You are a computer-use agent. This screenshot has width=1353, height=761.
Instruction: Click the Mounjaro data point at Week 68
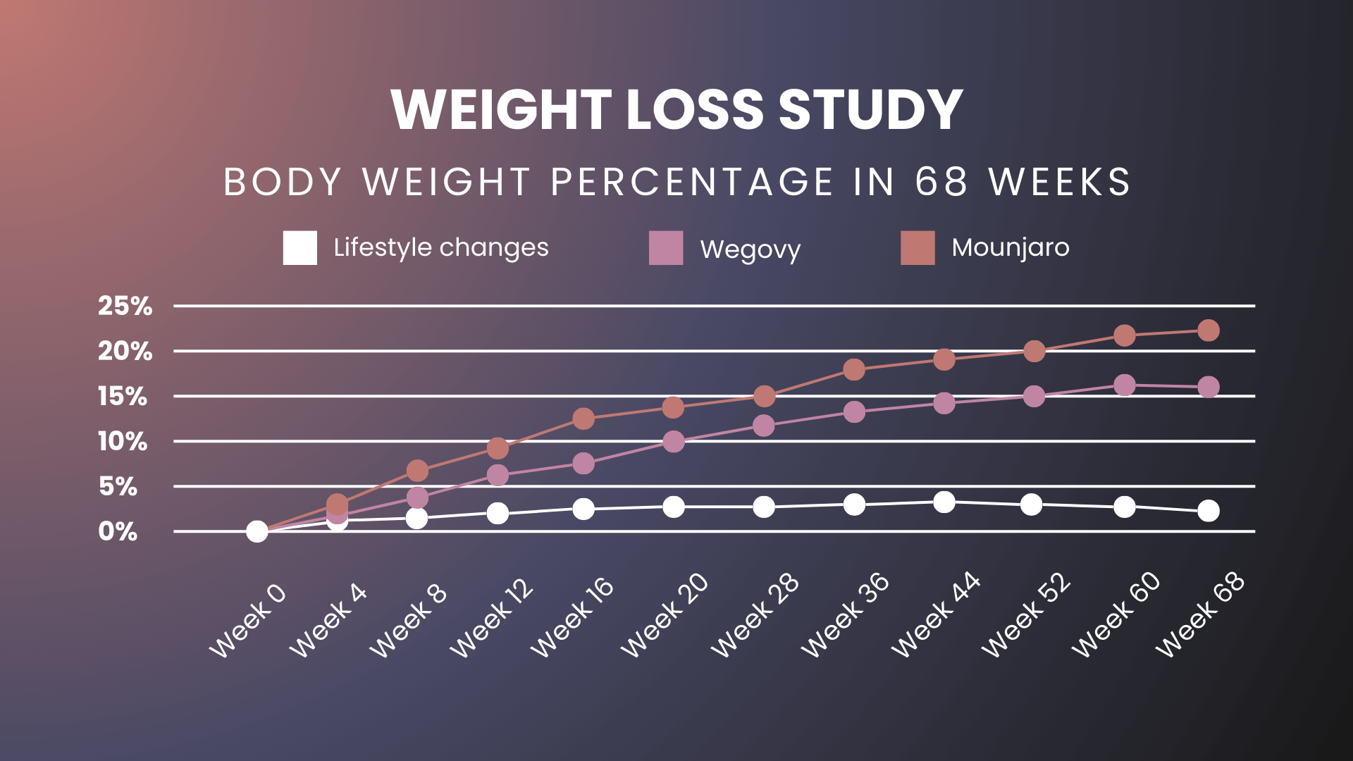(x=1208, y=330)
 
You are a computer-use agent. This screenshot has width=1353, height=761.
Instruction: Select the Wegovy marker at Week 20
(x=674, y=442)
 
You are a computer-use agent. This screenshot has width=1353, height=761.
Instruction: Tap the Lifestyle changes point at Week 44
(x=944, y=502)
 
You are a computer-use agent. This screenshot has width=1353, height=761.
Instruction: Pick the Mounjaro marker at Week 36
(x=854, y=369)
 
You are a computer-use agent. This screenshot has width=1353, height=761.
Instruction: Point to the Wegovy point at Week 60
(x=1125, y=385)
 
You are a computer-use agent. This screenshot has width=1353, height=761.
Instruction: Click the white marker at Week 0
(x=257, y=531)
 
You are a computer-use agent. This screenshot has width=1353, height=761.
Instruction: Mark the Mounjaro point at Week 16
(x=583, y=419)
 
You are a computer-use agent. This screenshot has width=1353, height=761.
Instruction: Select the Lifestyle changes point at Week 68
(x=1208, y=510)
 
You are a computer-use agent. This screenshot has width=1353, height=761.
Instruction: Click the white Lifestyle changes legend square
(x=299, y=248)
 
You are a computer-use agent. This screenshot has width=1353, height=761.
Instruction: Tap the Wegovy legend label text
(x=750, y=249)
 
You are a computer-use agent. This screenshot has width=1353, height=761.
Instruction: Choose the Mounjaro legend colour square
(x=918, y=248)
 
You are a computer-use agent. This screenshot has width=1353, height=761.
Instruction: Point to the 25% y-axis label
(x=125, y=306)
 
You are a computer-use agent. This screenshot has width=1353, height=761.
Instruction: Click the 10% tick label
(x=123, y=442)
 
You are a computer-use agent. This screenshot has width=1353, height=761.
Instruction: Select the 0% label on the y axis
(x=118, y=531)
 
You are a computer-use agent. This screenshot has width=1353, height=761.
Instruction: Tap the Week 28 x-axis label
(x=754, y=615)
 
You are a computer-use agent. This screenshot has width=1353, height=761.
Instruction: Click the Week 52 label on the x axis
(x=1025, y=615)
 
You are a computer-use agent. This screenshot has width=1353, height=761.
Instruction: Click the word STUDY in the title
(x=870, y=110)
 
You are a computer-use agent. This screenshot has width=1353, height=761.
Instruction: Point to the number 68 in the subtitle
(x=941, y=182)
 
